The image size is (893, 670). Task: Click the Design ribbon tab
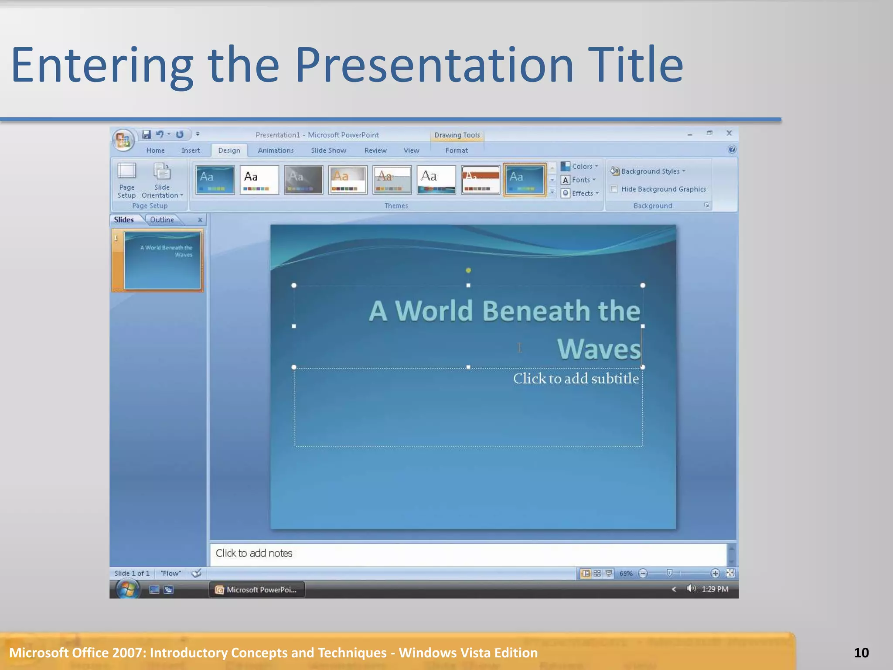click(x=229, y=150)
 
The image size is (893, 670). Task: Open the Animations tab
click(x=276, y=150)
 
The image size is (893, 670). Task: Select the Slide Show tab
click(x=328, y=150)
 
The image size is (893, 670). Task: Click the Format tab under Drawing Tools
click(x=456, y=150)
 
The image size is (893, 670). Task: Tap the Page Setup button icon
click(x=126, y=172)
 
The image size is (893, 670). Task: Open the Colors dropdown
click(x=580, y=166)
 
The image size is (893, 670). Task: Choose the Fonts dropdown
click(x=579, y=180)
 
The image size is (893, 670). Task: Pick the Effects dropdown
click(x=580, y=193)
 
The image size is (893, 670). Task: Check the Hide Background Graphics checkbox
click(x=614, y=189)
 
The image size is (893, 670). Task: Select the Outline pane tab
click(x=162, y=220)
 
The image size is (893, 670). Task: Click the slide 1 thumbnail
click(x=162, y=260)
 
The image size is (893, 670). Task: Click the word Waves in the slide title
click(x=598, y=349)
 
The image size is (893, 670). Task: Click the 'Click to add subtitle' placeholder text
click(x=576, y=379)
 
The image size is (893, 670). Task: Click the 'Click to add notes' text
click(x=254, y=553)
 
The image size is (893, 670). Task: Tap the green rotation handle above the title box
click(x=468, y=270)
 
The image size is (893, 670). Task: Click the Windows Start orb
click(x=127, y=590)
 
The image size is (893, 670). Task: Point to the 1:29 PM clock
click(x=715, y=589)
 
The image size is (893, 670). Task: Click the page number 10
click(x=861, y=653)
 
